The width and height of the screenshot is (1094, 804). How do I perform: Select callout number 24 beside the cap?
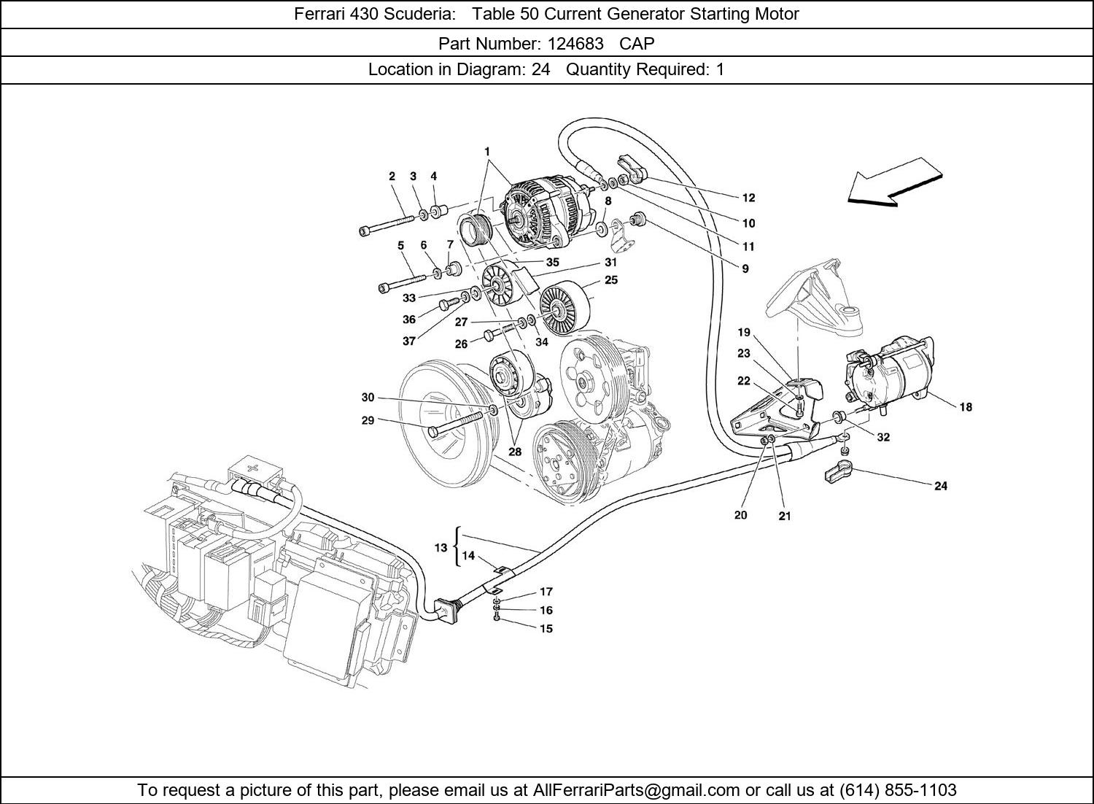click(940, 486)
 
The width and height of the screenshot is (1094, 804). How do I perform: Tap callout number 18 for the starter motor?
click(965, 407)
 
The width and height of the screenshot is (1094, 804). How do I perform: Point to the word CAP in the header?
click(637, 43)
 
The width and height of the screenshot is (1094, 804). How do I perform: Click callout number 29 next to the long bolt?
click(368, 420)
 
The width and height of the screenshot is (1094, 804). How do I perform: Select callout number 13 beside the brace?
click(441, 548)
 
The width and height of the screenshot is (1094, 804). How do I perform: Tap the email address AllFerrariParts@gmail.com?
click(637, 790)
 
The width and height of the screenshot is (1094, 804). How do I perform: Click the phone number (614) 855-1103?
click(898, 790)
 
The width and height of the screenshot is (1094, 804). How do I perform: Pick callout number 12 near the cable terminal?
click(748, 198)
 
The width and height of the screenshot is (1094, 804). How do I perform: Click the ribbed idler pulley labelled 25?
click(564, 306)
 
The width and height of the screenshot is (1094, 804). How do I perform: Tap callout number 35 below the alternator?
click(552, 262)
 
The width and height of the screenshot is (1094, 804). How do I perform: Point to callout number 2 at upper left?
click(392, 176)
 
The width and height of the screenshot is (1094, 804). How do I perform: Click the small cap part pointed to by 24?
click(839, 471)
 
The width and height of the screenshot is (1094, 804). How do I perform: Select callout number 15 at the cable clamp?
click(546, 628)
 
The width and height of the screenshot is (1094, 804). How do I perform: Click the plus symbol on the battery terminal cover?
click(252, 466)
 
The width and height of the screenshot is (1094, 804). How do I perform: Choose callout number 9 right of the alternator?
click(745, 268)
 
